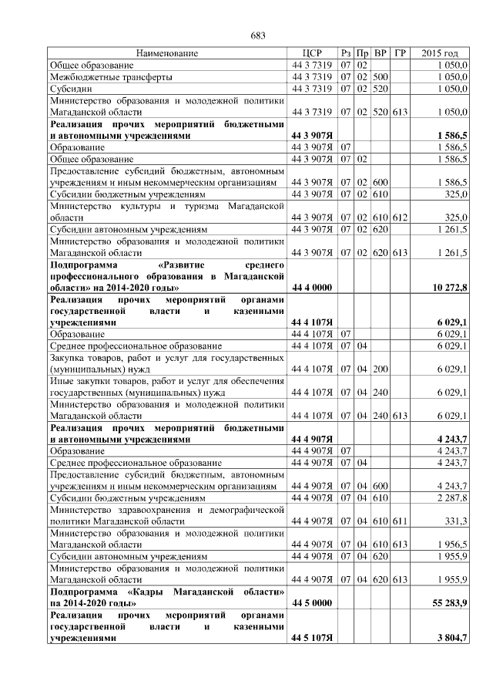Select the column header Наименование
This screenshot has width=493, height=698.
pos(167,53)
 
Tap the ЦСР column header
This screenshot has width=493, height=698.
pos(311,53)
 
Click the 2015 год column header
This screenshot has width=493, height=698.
pos(440,53)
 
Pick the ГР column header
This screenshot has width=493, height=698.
pos(400,53)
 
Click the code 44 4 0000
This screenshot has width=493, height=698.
pos(311,288)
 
